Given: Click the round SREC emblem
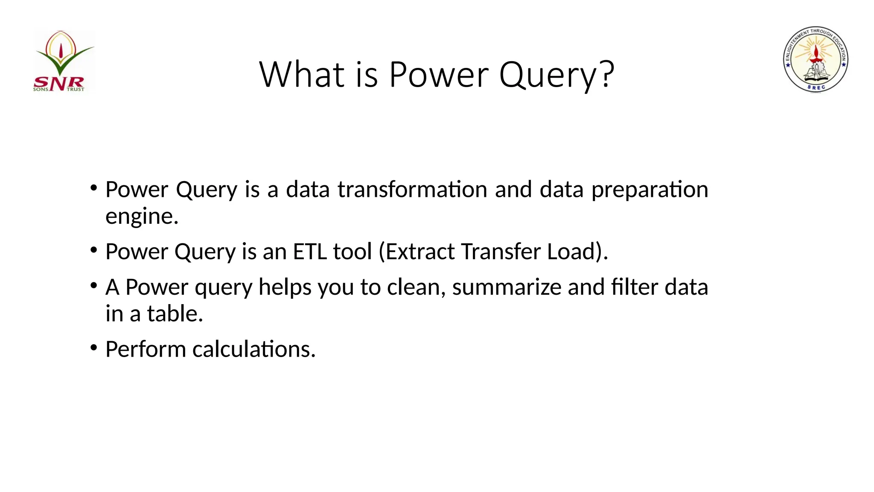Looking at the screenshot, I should (816, 59).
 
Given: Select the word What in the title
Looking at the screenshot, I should (301, 74).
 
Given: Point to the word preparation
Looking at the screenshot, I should (650, 189).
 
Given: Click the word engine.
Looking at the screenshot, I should (141, 216).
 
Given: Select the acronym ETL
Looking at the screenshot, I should (310, 252).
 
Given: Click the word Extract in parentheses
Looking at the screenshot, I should (420, 252).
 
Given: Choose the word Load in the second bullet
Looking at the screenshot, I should (571, 252).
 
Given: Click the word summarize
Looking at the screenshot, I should (507, 287).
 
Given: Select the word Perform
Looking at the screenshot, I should (146, 349).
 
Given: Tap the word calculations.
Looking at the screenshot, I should (253, 349).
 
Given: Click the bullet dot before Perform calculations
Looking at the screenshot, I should (94, 347).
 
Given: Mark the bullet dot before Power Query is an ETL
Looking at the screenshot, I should (94, 250).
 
